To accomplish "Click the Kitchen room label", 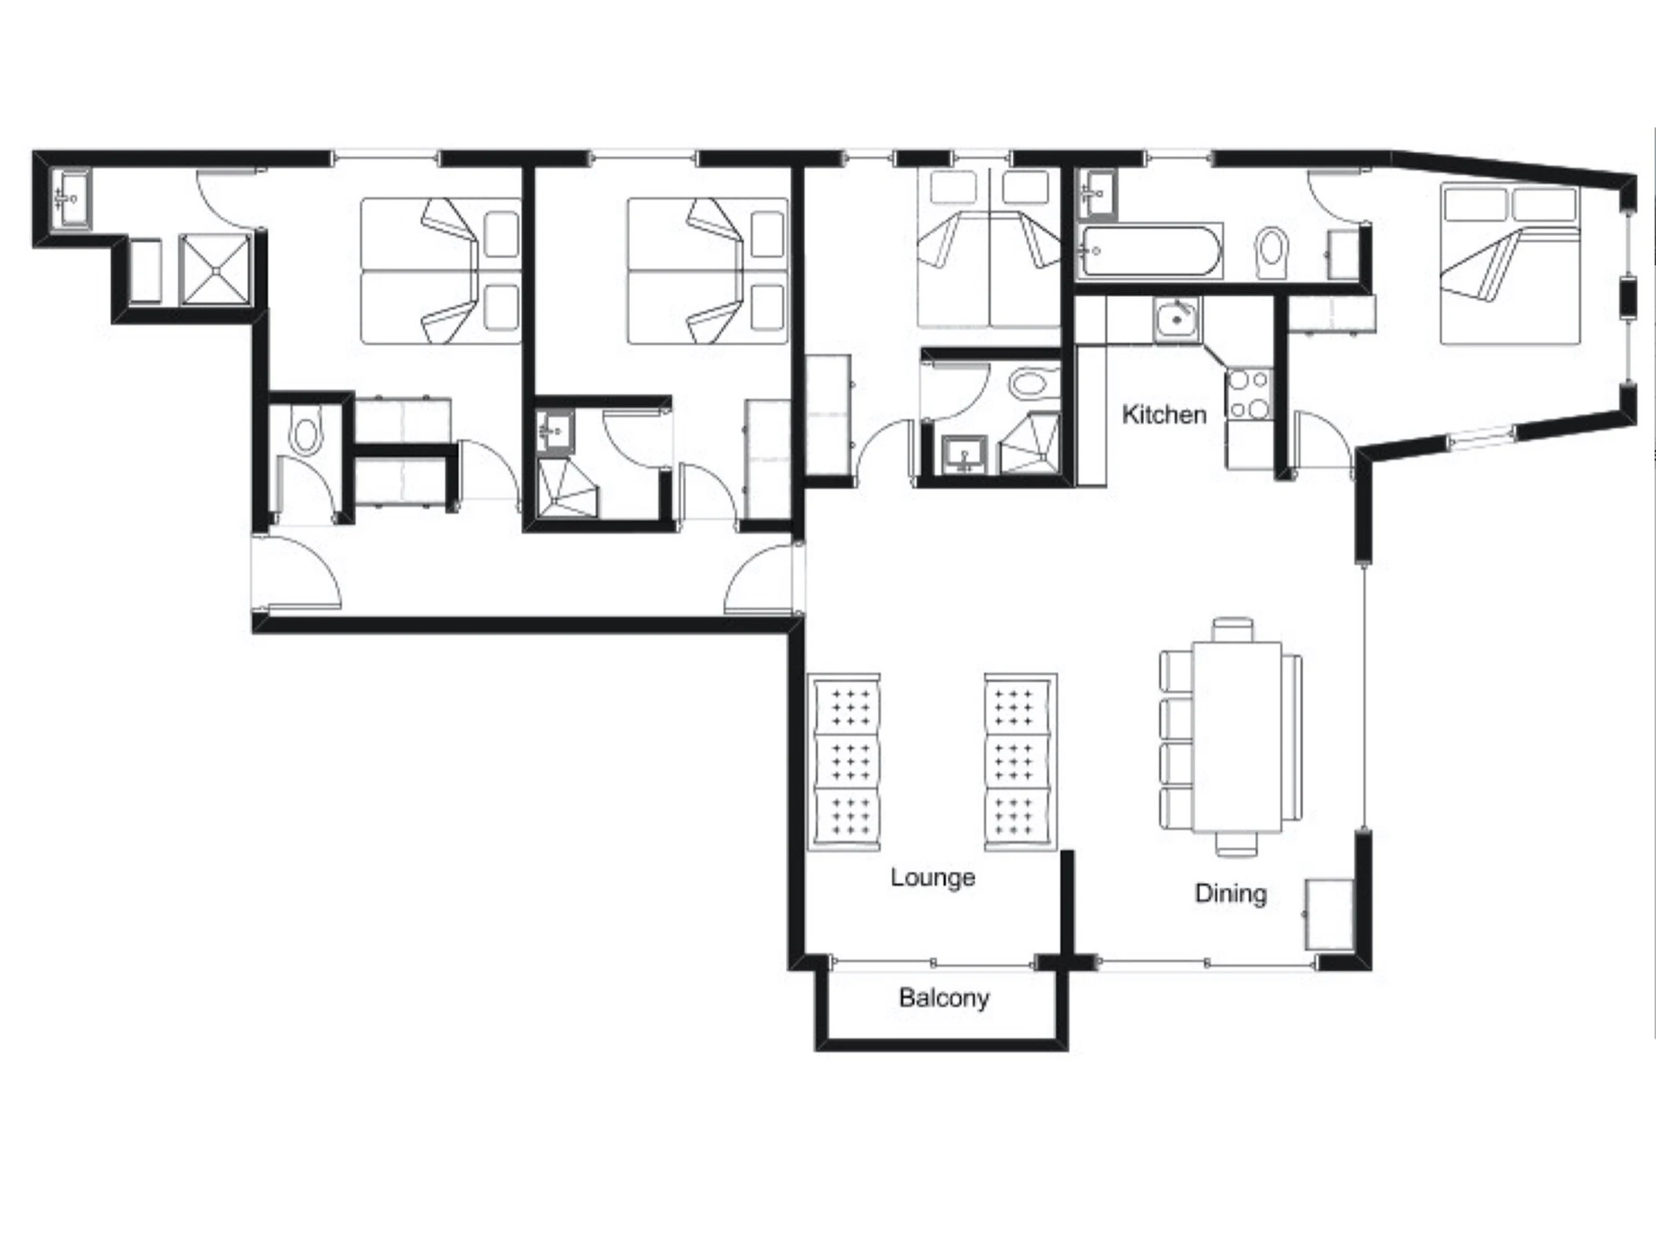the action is pyautogui.click(x=1164, y=414).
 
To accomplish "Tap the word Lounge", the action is pyautogui.click(x=933, y=878).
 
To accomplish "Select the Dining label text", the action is pyautogui.click(x=1231, y=893).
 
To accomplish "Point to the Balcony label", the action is pyautogui.click(x=944, y=998).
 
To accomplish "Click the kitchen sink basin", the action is pyautogui.click(x=1177, y=319).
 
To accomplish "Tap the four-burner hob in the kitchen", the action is pyautogui.click(x=1249, y=395).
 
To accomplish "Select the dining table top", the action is pyautogui.click(x=1236, y=737).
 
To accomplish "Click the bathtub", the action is pyautogui.click(x=1149, y=250).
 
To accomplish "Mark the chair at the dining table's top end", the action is pyautogui.click(x=1233, y=629).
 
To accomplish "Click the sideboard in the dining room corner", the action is pyautogui.click(x=1330, y=914).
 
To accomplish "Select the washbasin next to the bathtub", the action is pyautogui.click(x=1097, y=194).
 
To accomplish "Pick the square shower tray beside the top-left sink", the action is pyautogui.click(x=215, y=270).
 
